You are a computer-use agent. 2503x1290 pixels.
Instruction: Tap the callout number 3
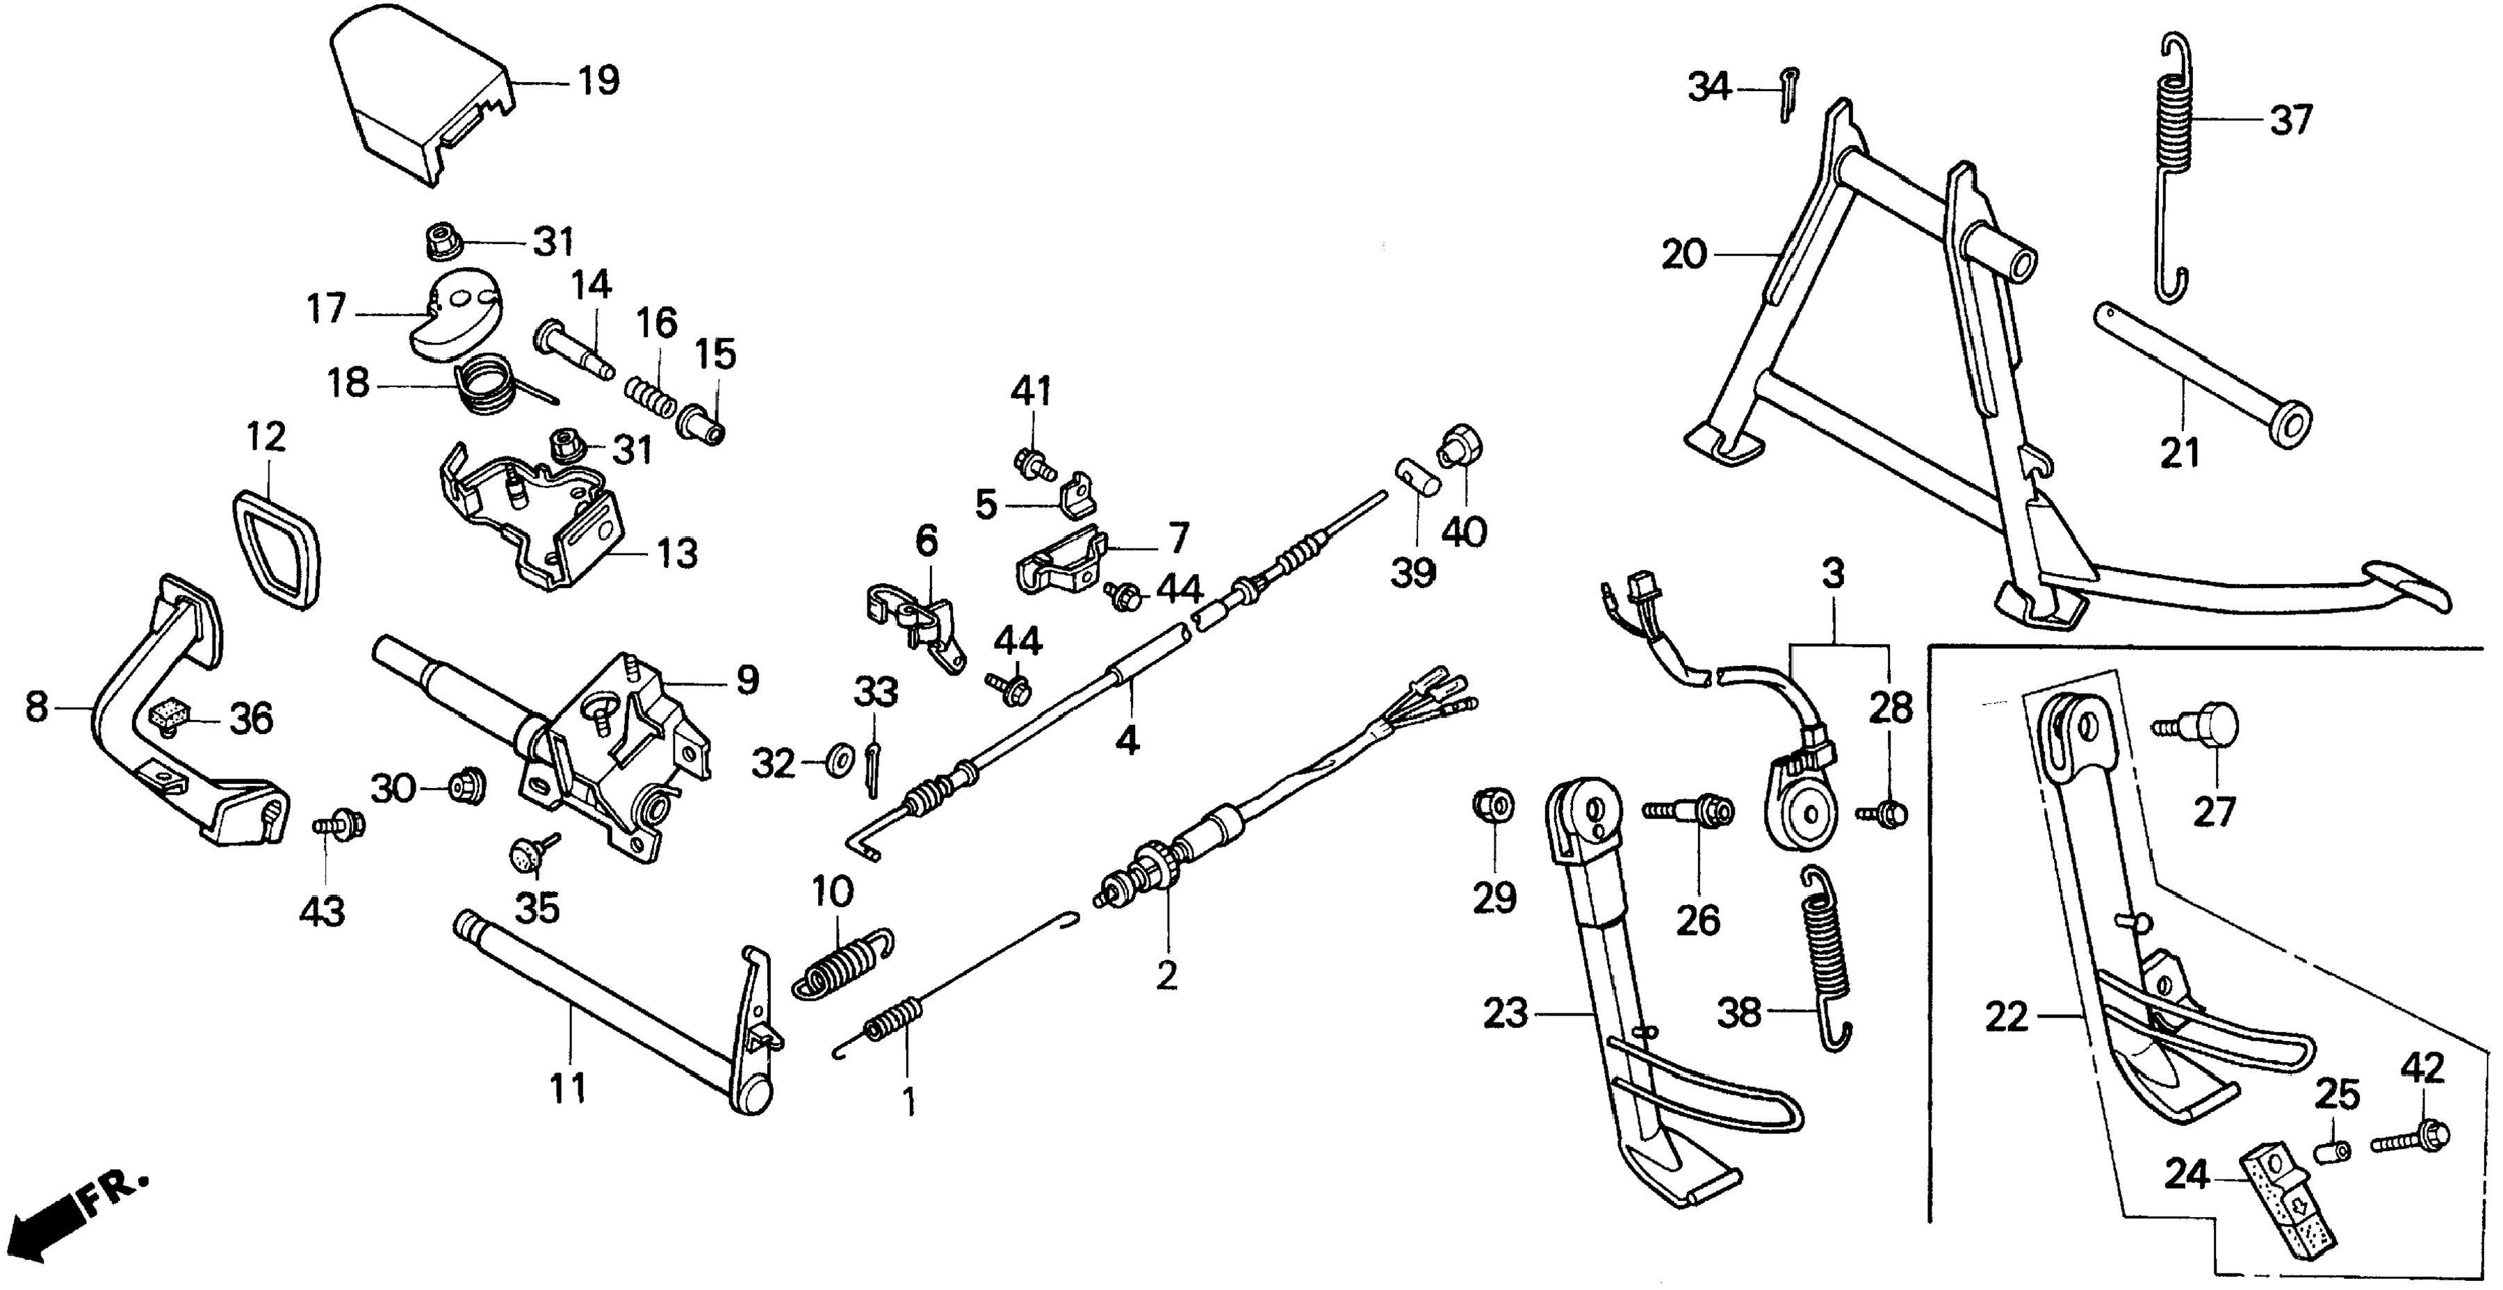point(1832,575)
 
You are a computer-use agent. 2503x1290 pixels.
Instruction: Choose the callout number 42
point(2422,1068)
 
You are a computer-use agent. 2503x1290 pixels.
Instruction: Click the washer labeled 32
point(835,759)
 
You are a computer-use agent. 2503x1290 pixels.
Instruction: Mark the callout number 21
point(2178,452)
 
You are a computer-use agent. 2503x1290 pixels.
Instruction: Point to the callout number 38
point(1738,1013)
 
